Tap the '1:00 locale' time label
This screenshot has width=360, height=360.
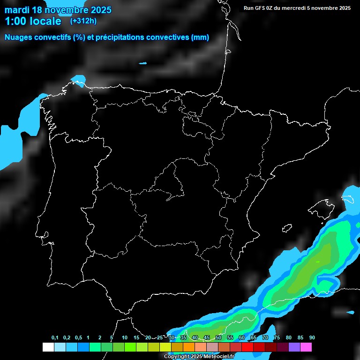point(33,21)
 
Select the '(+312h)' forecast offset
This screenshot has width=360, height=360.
point(83,21)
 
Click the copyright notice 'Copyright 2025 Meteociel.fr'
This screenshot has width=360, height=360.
point(199,357)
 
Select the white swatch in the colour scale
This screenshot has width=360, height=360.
point(48,347)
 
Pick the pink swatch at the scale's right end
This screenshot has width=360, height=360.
point(306,347)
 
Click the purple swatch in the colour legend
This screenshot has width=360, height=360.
point(294,347)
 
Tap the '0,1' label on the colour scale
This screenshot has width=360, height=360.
point(55,338)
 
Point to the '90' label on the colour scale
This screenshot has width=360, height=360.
point(312,338)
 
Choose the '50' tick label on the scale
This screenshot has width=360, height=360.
point(218,338)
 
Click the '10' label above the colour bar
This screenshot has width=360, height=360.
point(125,338)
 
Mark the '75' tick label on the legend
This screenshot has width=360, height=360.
point(277,338)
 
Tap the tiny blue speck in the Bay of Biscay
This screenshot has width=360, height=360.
point(142,63)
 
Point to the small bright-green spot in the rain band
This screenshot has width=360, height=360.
point(317,262)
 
